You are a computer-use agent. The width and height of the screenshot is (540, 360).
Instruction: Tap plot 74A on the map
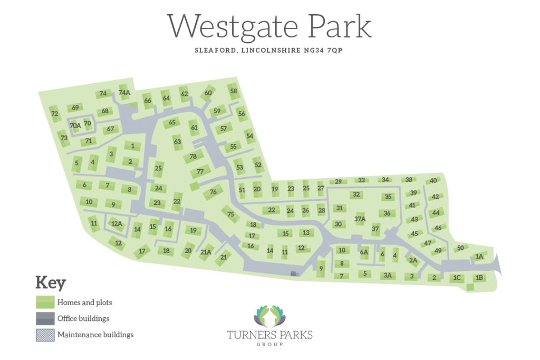(x=124, y=93)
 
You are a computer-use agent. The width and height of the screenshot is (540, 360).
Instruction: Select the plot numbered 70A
(x=75, y=125)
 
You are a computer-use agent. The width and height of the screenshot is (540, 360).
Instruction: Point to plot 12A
(x=117, y=224)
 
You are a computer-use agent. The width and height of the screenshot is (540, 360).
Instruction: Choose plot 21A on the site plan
(x=206, y=252)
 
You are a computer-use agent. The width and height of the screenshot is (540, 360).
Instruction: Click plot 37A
(x=360, y=218)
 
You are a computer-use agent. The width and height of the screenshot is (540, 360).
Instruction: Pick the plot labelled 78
(x=193, y=157)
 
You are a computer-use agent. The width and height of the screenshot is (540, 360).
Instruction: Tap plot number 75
(x=230, y=214)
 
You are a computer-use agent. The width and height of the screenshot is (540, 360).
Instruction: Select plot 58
(x=234, y=91)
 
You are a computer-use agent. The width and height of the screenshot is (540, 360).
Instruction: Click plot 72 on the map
(x=54, y=114)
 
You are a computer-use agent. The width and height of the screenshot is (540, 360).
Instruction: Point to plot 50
(x=460, y=248)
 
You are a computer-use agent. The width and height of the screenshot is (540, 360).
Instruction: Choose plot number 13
(x=306, y=232)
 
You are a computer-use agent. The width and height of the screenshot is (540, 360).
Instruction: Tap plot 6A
(x=364, y=252)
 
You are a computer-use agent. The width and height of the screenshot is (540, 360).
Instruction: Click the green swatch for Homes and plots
(x=45, y=303)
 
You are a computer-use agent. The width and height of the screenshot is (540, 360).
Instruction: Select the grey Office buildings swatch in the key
(x=45, y=318)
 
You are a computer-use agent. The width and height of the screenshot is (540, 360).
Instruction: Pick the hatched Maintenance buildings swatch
(x=45, y=335)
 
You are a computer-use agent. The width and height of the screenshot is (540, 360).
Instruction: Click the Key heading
(x=51, y=283)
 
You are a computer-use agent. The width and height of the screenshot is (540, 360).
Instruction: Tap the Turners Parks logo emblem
(x=269, y=316)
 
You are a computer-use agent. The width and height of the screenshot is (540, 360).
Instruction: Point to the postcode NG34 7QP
(x=329, y=51)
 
